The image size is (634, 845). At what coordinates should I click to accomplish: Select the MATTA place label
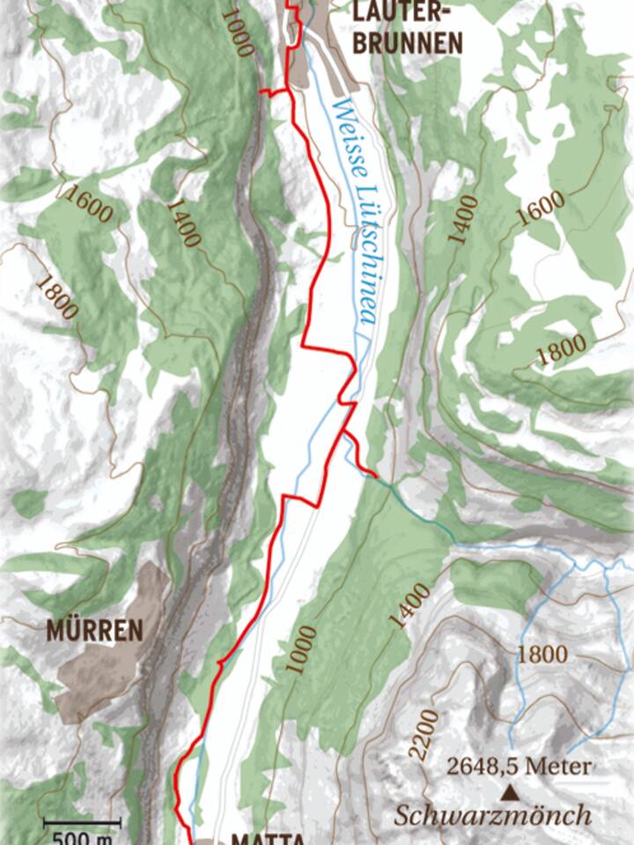pyautogui.click(x=268, y=836)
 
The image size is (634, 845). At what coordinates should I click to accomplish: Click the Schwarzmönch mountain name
pyautogui.click(x=493, y=816)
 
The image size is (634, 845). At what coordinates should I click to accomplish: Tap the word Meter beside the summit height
pyautogui.click(x=561, y=767)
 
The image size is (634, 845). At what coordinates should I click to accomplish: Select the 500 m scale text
pyautogui.click(x=82, y=837)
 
